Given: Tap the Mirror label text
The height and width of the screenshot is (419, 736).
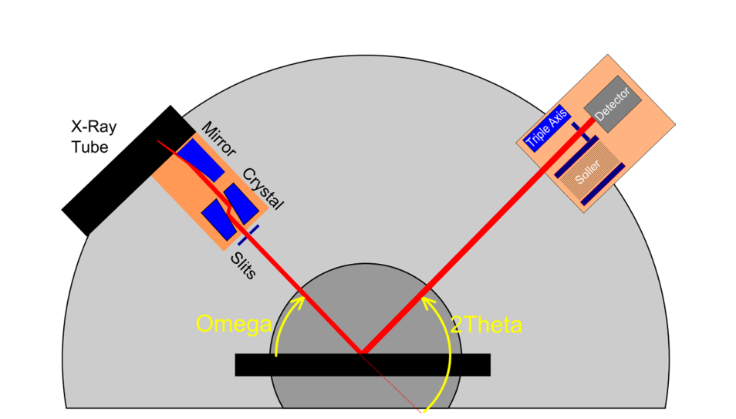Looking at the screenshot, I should coord(219,139).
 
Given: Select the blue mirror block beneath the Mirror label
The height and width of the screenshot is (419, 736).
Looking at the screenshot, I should coord(199,160).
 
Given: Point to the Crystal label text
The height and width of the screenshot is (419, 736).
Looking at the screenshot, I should coord(263,188).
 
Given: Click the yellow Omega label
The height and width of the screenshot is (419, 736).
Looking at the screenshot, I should coord(232,323).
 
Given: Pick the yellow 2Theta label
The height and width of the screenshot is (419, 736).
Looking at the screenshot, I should coord(486,325).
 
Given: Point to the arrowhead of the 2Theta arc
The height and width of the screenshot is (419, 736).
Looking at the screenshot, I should coord(427,299).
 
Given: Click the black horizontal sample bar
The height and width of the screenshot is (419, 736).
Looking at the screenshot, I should coord(362,365).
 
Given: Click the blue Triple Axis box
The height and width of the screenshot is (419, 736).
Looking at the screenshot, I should coord(546,129).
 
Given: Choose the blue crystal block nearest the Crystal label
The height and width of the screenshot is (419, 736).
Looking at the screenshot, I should coord(241,202).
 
